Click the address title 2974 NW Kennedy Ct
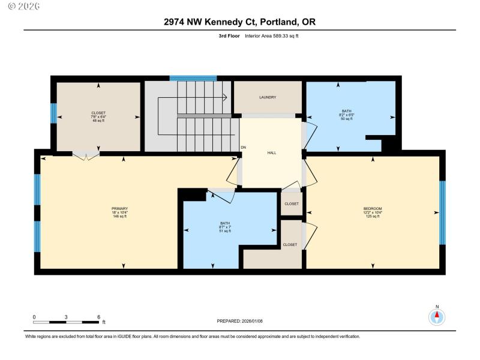pos(239,22)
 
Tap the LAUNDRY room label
pos(268,97)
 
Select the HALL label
pos(271,153)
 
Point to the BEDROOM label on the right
pos(372,208)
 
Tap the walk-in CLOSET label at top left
pos(98,112)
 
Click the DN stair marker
pos(243,148)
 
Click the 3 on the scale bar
pos(66,317)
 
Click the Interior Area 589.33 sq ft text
pos(268,36)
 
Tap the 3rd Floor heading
pos(229,36)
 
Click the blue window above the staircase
pos(193,77)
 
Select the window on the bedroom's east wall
pos(443,213)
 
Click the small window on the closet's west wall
pos(53,113)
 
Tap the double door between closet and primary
pos(86,155)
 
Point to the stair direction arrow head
pos(224,97)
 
